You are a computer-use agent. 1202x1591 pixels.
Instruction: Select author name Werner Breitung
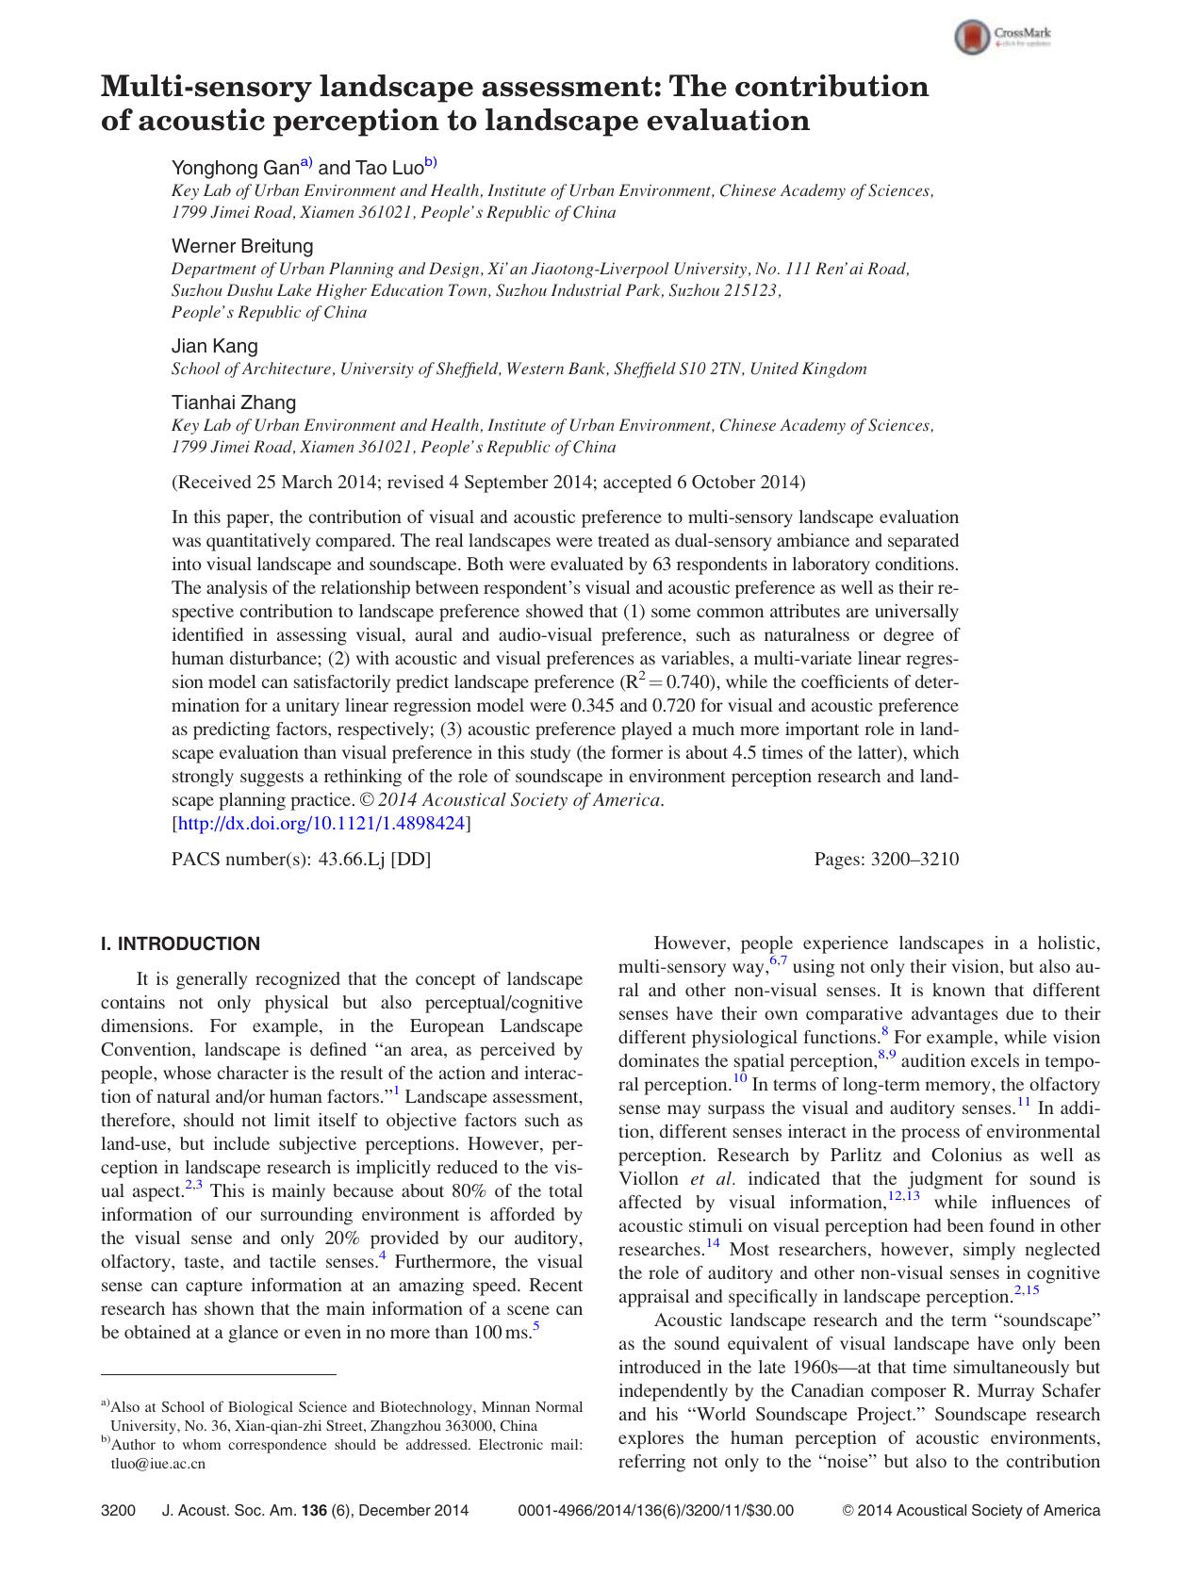[x=242, y=246]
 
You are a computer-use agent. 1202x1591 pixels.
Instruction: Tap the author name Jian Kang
[x=214, y=346]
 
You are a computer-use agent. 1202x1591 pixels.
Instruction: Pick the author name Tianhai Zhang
[x=233, y=402]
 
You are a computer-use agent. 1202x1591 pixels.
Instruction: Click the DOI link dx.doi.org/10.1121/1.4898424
[x=321, y=823]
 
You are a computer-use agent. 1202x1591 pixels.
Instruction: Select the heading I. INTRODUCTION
[x=180, y=943]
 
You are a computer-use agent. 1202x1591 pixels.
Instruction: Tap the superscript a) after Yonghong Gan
[x=306, y=163]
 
